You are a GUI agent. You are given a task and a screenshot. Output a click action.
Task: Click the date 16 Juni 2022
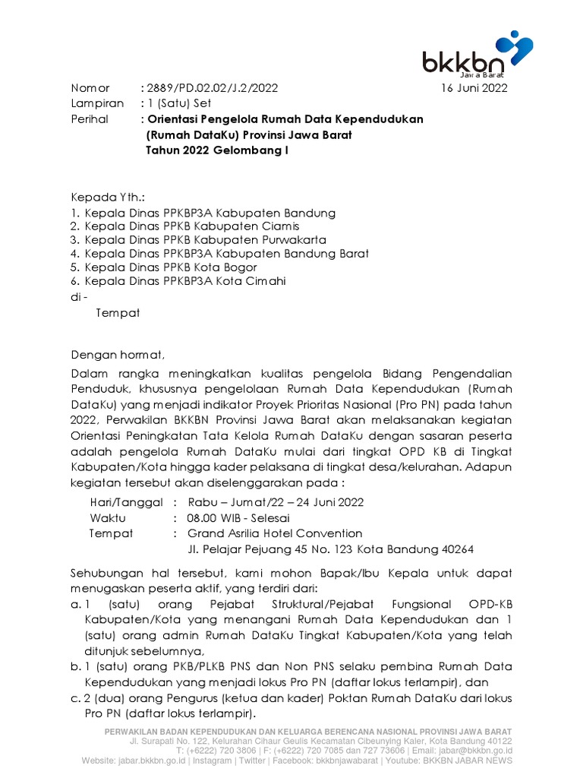[474, 88]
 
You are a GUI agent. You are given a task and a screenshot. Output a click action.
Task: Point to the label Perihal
[90, 119]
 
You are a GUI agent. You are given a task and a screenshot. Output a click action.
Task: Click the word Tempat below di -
[118, 312]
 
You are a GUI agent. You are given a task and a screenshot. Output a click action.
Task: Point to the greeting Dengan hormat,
[117, 355]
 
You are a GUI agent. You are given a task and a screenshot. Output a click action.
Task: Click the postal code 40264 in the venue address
[459, 549]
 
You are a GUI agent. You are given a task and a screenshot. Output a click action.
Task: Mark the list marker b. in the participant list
[75, 666]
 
